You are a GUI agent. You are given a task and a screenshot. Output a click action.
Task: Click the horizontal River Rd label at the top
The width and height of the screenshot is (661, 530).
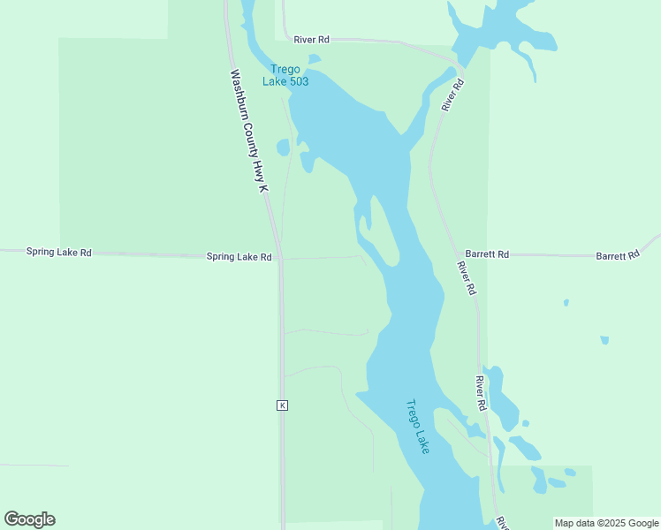311,40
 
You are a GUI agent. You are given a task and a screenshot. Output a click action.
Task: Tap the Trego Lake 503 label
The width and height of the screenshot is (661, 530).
285,75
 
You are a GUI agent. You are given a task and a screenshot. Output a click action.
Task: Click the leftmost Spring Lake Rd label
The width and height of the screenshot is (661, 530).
58,252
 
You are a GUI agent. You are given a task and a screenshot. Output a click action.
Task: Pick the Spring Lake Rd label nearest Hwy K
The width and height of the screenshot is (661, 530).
239,257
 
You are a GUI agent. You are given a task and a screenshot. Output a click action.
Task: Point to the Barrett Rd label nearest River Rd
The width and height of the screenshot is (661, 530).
487,254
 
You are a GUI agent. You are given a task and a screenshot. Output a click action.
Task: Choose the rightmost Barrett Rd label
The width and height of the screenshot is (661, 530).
617,255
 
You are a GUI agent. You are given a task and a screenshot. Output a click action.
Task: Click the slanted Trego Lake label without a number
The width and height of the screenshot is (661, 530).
417,427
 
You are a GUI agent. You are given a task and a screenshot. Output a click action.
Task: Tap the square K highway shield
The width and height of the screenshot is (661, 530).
282,405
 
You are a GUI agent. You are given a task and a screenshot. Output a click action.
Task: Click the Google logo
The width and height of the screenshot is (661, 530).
30,519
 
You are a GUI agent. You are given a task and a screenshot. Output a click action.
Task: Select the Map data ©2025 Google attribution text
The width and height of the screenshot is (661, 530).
606,523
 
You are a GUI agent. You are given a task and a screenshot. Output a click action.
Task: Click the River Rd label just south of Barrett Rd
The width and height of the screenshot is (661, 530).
467,277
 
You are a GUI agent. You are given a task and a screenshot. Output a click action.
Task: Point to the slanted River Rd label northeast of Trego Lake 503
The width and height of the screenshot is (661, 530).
453,95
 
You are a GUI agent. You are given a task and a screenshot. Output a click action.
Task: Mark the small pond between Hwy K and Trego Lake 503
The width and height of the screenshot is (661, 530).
283,148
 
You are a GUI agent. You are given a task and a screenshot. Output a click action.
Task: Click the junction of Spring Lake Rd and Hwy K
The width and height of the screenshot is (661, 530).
279,258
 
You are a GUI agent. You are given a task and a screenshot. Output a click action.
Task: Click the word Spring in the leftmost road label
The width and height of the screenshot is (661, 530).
41,252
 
